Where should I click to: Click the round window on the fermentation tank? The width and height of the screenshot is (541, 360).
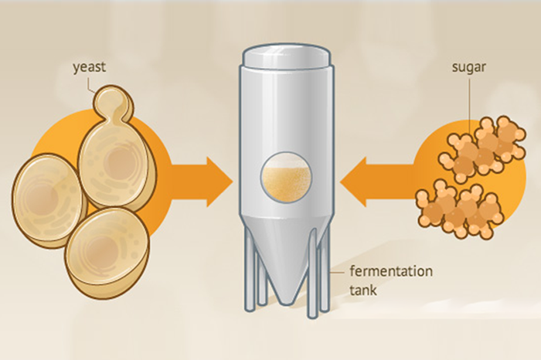coord(285,175)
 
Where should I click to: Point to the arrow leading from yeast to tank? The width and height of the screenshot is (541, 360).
coord(202,179)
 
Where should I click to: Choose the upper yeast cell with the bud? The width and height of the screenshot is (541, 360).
coord(116,162)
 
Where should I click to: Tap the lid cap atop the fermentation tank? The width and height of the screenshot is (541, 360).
coord(285,54)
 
